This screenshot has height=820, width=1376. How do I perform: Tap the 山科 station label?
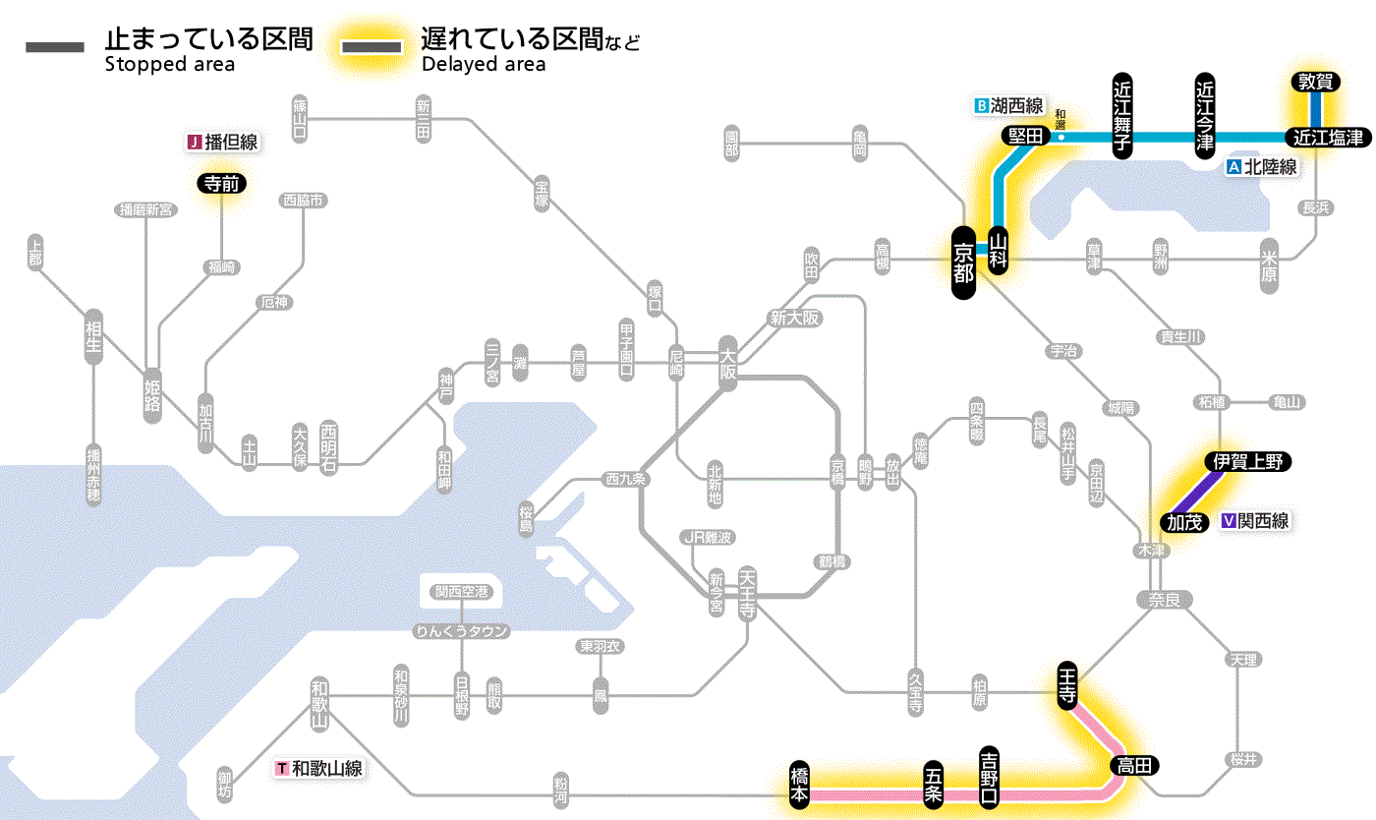[x=1000, y=250]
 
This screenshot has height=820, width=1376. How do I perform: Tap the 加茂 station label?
[x=1185, y=522]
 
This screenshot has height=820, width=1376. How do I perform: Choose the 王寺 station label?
[x=1068, y=683]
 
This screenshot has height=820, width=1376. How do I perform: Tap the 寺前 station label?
[x=222, y=183]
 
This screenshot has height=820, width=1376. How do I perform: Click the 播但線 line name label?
[x=231, y=143]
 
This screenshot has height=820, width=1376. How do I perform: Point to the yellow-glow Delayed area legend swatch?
[x=371, y=48]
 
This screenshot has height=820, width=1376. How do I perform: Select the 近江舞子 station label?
[x=1122, y=115]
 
